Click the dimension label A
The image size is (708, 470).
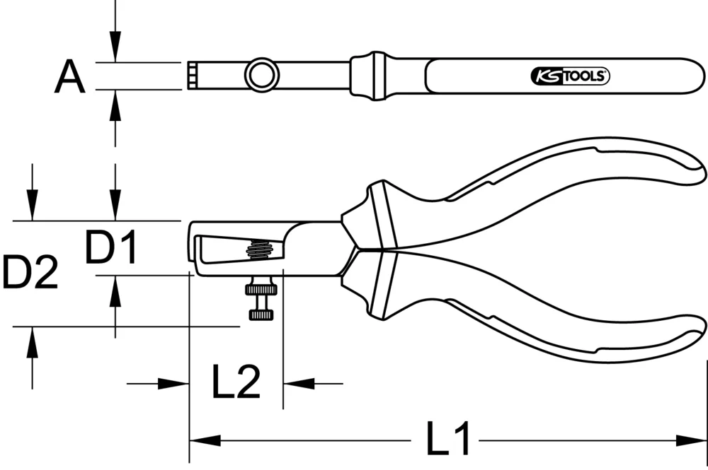[x=69, y=77]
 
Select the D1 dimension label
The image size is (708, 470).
[x=111, y=248]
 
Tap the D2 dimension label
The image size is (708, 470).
[x=29, y=274]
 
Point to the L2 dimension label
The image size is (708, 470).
[x=236, y=382]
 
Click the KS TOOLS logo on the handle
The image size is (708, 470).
[x=570, y=76]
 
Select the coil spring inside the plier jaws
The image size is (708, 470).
[x=258, y=249]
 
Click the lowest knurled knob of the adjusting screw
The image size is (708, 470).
[x=261, y=313]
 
